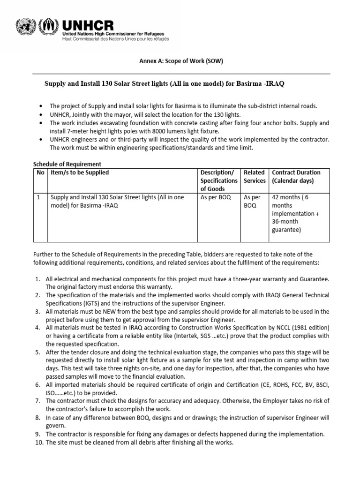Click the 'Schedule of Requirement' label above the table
click(x=67, y=164)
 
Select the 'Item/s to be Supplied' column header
click(x=80, y=172)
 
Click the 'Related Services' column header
click(x=254, y=176)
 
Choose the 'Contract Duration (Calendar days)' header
click(x=296, y=176)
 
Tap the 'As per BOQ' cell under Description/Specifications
click(x=216, y=197)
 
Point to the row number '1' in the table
click(x=38, y=197)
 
